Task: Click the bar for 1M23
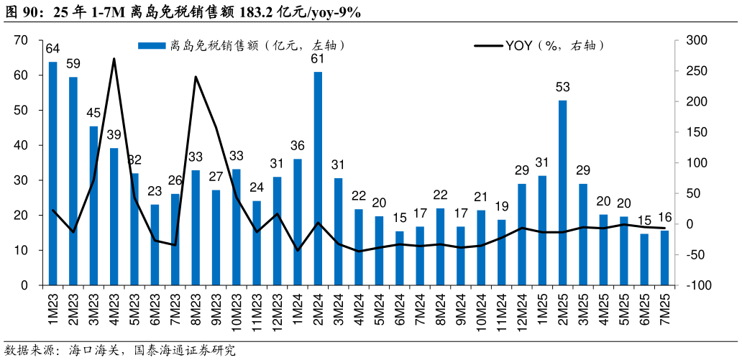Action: click(x=52, y=173)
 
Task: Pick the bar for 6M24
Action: click(x=400, y=258)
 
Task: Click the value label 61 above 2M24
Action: click(x=318, y=59)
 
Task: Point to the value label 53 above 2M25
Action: click(x=562, y=88)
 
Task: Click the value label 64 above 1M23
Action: click(x=52, y=49)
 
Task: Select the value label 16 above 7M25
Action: click(x=664, y=218)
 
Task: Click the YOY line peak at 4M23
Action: click(x=114, y=59)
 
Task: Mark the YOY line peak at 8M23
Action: click(x=196, y=76)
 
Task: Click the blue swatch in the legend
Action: click(x=152, y=46)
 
